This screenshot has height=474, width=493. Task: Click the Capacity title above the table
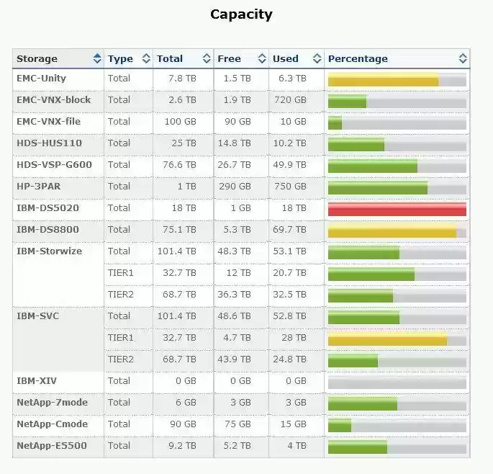pos(241,14)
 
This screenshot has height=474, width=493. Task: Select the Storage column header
pos(37,58)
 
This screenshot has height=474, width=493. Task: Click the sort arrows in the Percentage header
pos(463,58)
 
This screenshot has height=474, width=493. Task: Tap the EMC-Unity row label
pos(41,78)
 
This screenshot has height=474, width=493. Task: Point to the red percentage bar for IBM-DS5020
pos(397,209)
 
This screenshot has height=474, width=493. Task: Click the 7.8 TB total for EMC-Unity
pos(182,78)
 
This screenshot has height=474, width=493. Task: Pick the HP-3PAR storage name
pos(38,186)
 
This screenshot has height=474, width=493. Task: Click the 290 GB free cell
pos(235,186)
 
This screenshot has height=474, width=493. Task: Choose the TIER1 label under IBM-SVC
pos(120,337)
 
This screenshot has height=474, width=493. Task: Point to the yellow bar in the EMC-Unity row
pos(383,79)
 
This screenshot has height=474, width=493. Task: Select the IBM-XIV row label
pos(37,380)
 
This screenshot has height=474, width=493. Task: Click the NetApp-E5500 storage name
pos(51,445)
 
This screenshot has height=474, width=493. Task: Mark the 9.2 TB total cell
pos(182,445)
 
